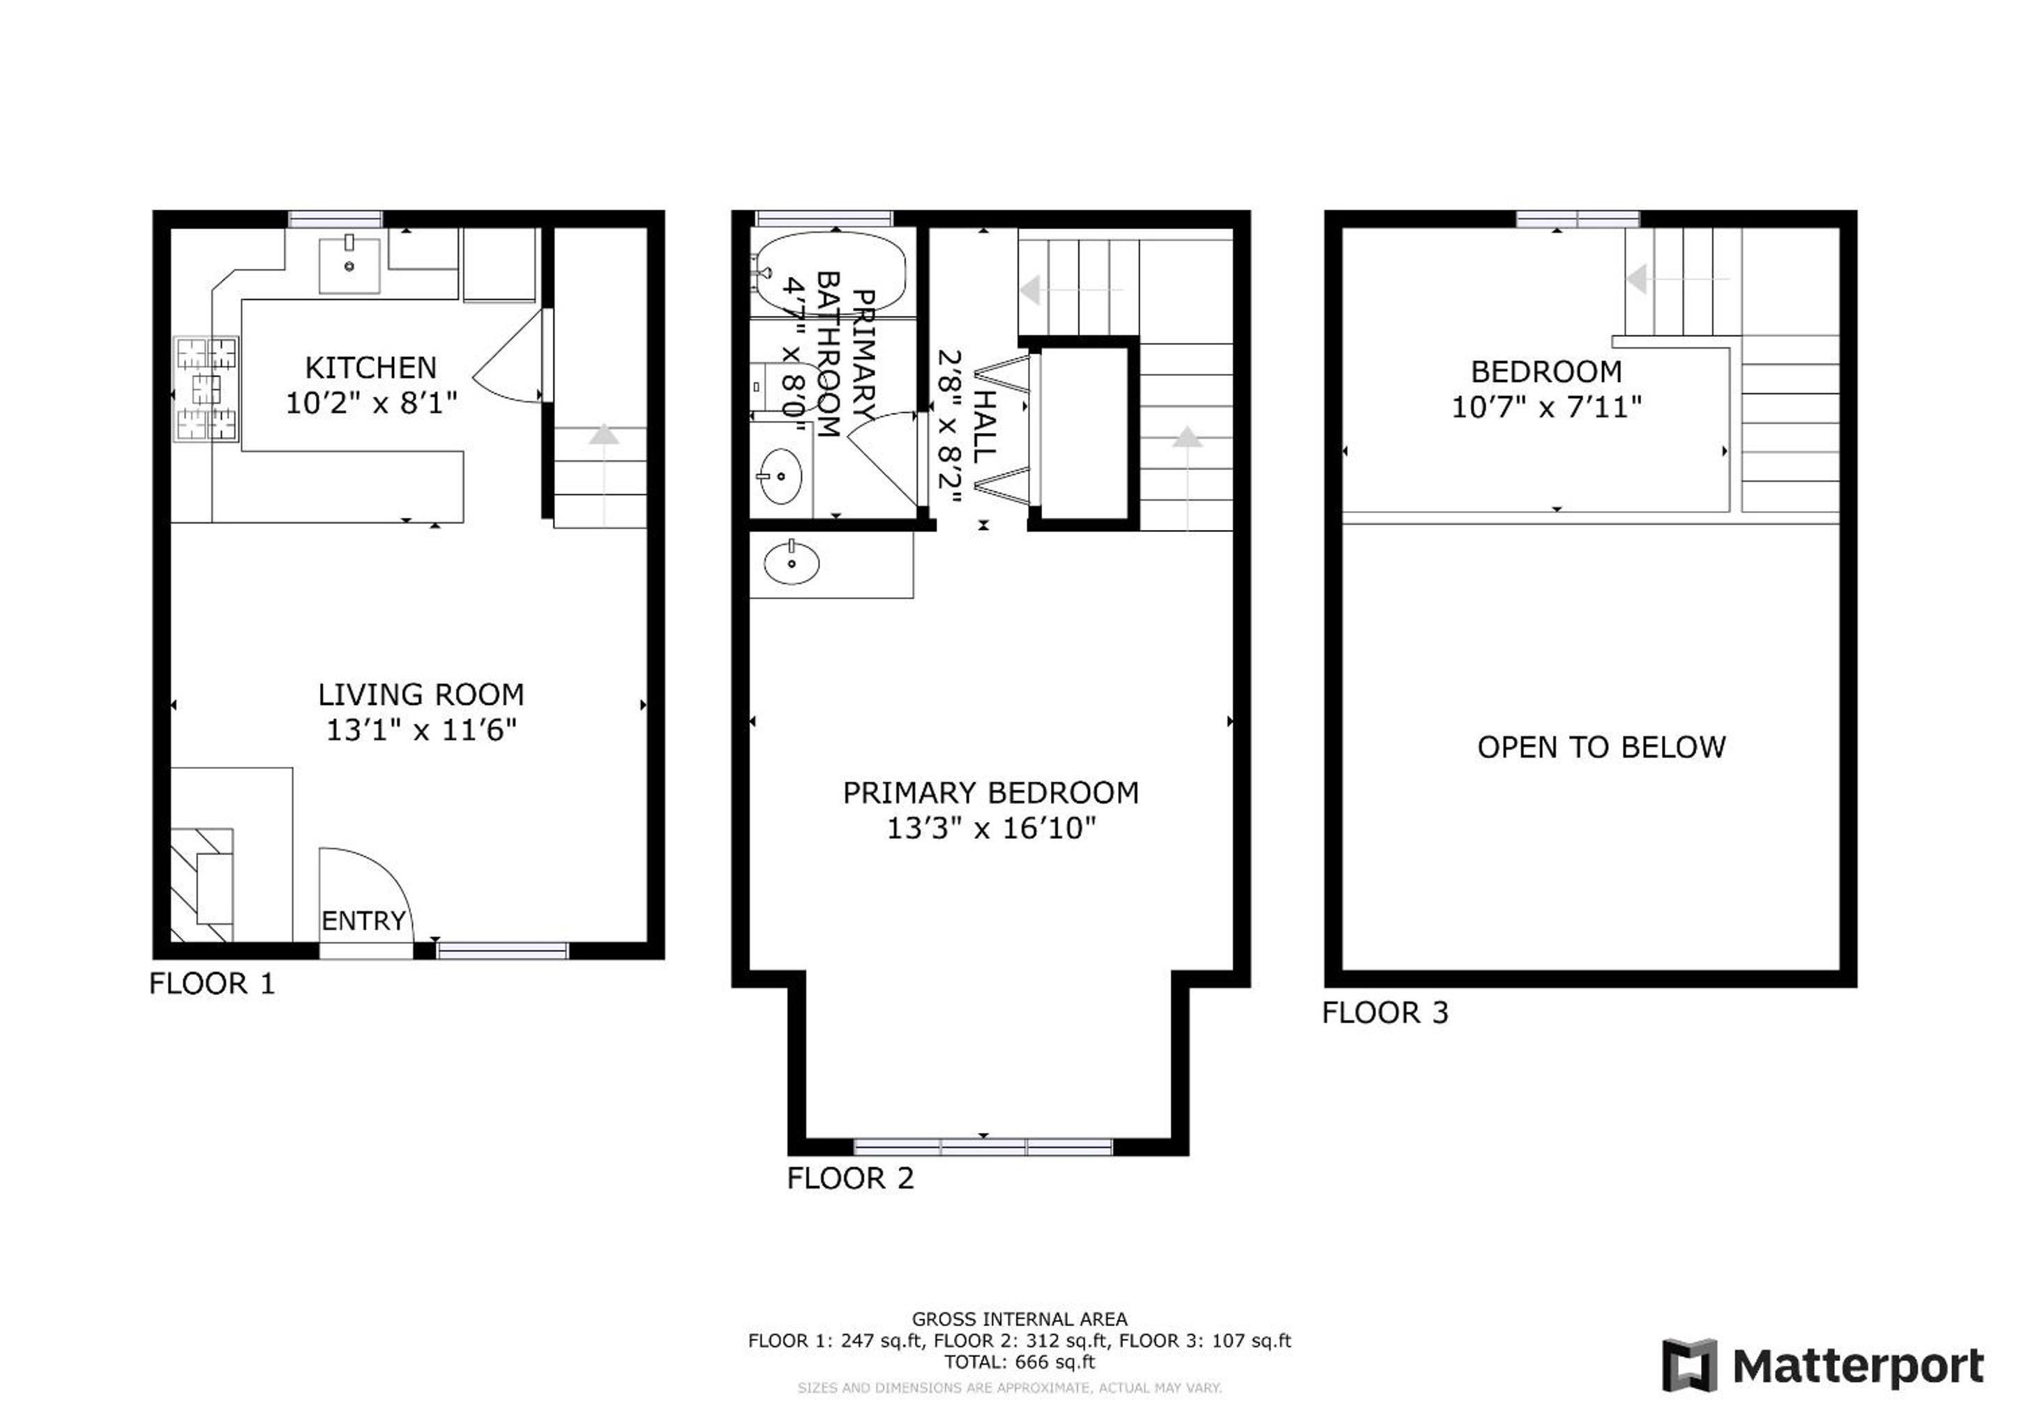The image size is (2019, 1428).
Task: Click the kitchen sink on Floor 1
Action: pos(349,265)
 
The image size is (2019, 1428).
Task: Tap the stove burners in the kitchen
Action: pos(208,388)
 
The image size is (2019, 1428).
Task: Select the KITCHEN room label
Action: pos(370,367)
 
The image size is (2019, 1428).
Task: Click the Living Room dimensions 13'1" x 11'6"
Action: pos(421,731)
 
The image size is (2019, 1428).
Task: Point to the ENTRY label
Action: pos(363,920)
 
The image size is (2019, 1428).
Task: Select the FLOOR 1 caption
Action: pos(212,984)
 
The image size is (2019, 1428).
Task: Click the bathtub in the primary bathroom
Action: pos(831,272)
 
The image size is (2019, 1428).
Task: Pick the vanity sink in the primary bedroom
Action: pos(792,563)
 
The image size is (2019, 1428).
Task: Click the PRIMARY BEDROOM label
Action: pos(991,793)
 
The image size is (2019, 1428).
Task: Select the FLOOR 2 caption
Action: pos(850,1179)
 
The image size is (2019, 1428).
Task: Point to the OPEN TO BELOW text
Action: pos(1601,747)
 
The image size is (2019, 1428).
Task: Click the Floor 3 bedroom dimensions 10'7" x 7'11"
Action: pos(1547,408)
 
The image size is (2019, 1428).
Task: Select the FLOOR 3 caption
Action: pos(1385,1013)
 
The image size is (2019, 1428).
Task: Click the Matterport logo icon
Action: pos(1689,1365)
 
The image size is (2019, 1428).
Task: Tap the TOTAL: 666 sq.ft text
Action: pos(1020,1362)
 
